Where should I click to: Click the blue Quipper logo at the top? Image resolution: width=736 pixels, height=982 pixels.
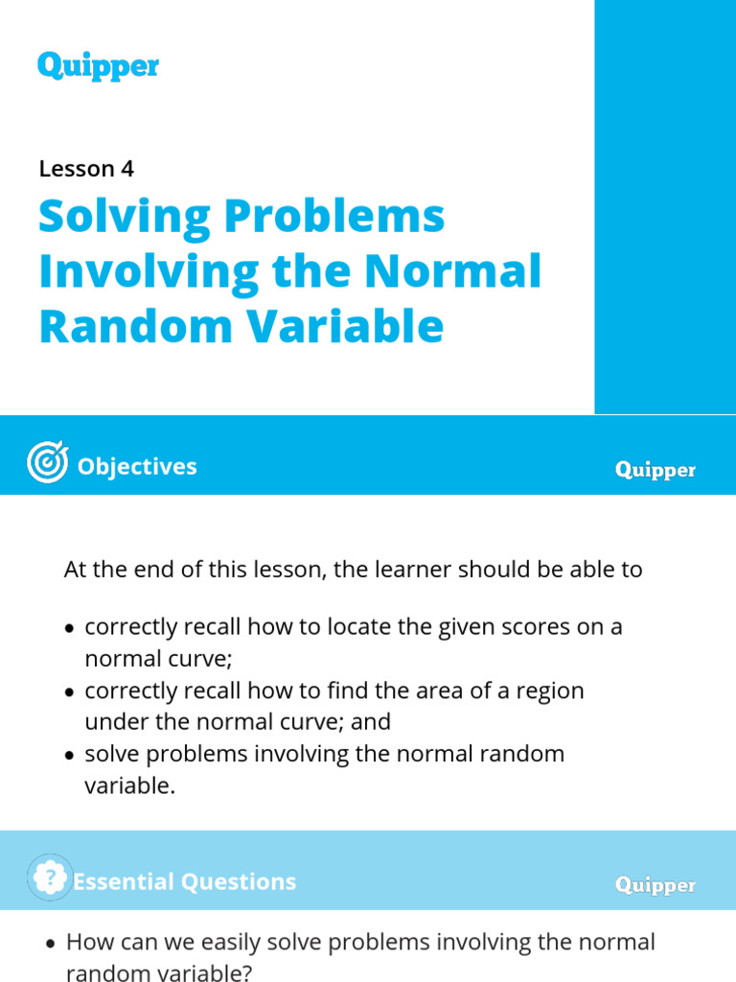pos(98,66)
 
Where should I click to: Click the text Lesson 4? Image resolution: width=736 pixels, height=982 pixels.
pos(86,169)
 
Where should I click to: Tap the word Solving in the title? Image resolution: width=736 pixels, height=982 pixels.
pos(122,217)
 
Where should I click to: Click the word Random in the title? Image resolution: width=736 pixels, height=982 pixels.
pos(130,326)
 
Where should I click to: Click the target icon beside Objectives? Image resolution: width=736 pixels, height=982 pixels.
pos(47,465)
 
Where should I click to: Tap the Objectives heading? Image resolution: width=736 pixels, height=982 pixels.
pos(137,466)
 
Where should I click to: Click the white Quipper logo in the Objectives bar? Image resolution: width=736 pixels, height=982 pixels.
pos(655,470)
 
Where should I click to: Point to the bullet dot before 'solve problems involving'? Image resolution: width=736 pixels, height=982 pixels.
pos(69,756)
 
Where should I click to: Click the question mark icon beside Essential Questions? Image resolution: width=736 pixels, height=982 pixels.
pos(50,877)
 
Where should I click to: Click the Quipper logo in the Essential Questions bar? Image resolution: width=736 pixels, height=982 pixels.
pos(655,885)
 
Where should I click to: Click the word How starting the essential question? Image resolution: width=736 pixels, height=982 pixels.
pos(88,942)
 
